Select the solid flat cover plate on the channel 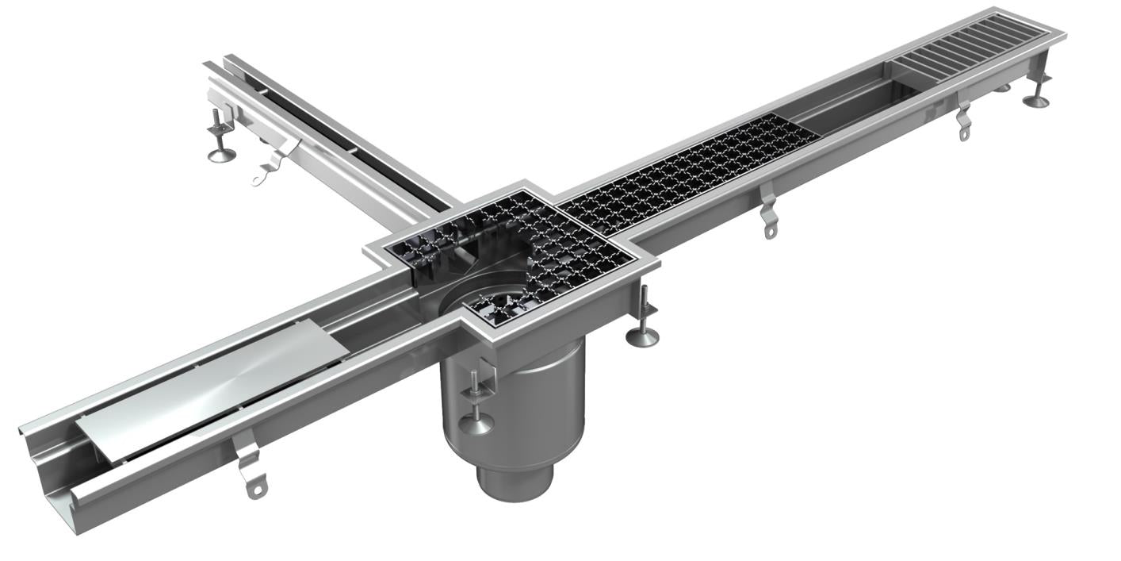(x=210, y=397)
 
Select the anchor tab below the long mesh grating (x=769, y=218)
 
